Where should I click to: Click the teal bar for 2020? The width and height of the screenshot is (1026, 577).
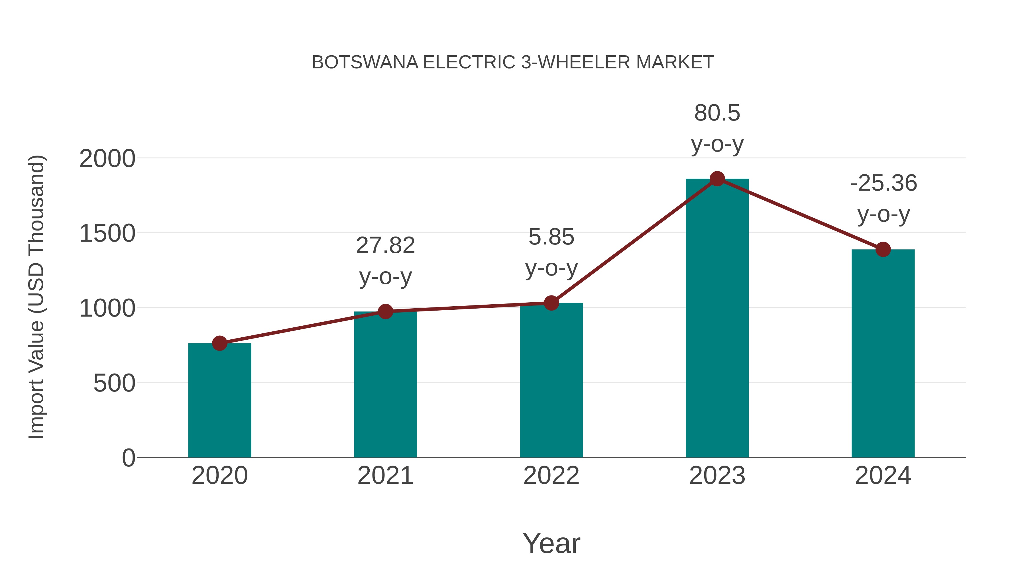(219, 400)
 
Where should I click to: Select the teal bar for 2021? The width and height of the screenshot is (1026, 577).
(385, 384)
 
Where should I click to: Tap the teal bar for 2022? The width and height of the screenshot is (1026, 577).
(551, 380)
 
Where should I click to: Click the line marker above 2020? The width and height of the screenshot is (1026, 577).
(219, 343)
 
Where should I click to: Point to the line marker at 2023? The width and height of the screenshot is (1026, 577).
(717, 179)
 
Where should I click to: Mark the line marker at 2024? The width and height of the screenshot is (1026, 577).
(883, 249)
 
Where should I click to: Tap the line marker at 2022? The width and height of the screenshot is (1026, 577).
(551, 303)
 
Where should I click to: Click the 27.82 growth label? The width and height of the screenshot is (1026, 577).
(385, 245)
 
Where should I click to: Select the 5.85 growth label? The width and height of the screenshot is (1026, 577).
(551, 237)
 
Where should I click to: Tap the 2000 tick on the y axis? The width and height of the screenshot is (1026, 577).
(107, 159)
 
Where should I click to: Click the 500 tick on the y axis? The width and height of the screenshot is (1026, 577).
(114, 384)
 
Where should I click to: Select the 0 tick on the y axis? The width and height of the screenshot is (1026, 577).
(128, 458)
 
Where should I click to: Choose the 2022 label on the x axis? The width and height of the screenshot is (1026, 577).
(551, 476)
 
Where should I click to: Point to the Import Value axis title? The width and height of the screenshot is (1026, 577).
(37, 297)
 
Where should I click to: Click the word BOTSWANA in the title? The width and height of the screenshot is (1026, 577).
(365, 62)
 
